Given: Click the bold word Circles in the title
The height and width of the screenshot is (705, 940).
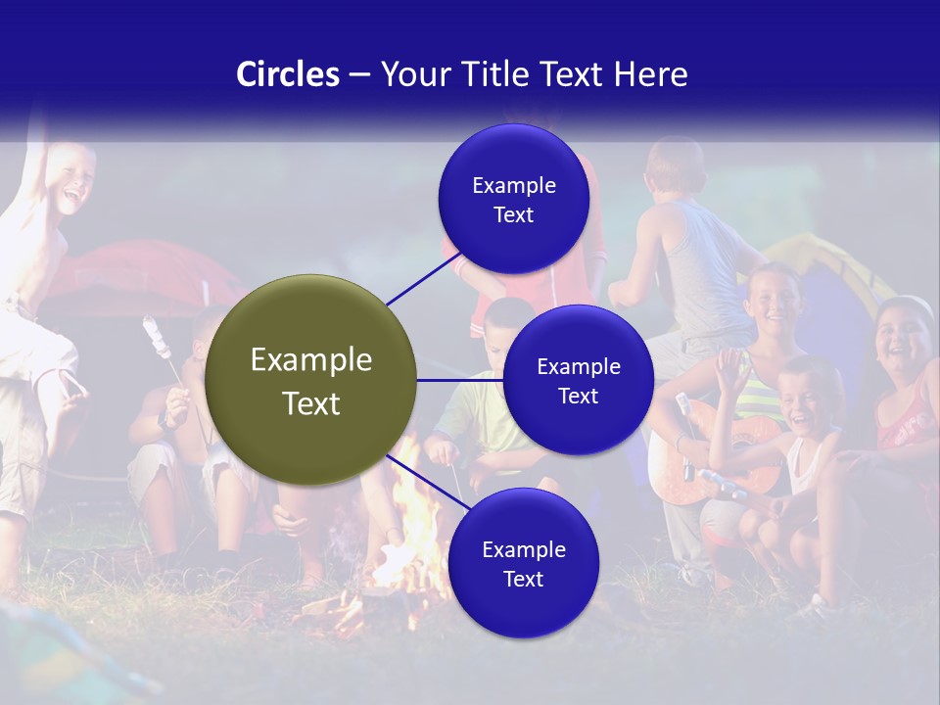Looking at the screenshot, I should coord(287,74).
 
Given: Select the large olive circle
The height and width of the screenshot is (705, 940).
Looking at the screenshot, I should coord(310,380).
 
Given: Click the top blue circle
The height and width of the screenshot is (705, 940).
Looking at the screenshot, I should coord(513,199).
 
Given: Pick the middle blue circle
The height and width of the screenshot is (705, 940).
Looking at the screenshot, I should coord(578,380).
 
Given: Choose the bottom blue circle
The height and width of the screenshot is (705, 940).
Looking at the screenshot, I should coord(523,563).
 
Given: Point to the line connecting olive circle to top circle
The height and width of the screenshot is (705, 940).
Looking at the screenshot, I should coord(423,279).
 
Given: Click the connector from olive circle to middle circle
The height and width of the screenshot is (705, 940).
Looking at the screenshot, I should coord(459,380).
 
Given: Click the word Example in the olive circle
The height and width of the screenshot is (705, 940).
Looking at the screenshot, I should coord(310,359).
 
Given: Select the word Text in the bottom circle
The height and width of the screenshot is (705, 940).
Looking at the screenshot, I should coord(523,579).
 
